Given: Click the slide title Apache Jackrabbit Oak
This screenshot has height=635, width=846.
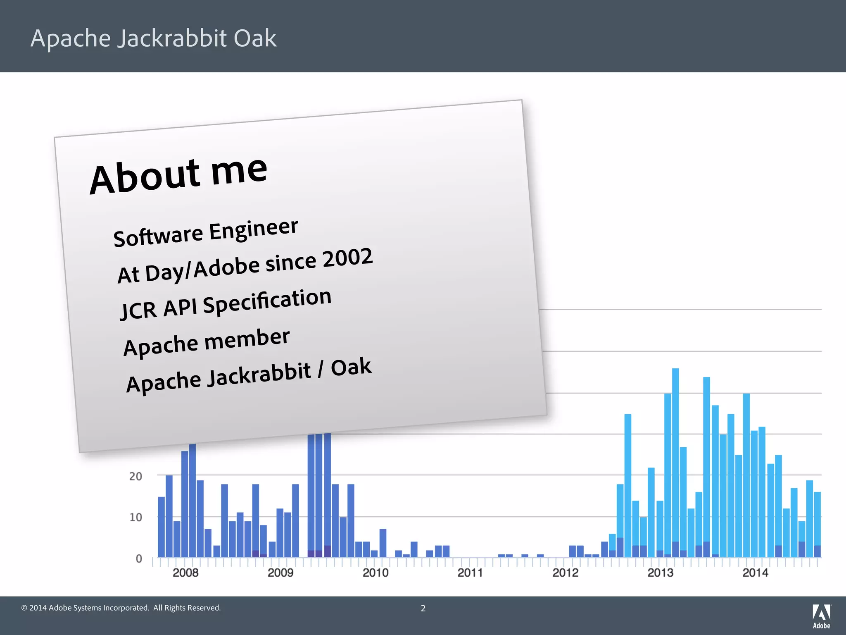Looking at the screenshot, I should click(153, 38).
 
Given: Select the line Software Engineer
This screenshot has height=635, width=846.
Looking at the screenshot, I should click(205, 233).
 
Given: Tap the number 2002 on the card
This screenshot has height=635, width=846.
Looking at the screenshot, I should click(347, 258).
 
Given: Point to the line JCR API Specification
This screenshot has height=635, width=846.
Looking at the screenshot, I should click(226, 304).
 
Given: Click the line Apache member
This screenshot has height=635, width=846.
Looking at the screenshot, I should click(206, 342).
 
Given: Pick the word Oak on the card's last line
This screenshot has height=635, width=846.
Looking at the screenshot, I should click(351, 367).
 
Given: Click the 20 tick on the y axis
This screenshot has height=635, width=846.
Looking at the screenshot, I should click(135, 476).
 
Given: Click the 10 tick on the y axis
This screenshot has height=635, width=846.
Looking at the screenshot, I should click(135, 517).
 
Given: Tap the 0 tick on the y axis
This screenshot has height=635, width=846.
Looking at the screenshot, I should click(139, 559).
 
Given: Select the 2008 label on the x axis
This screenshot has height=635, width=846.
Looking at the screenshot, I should click(185, 573).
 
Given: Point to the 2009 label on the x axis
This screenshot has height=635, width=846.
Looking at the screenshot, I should click(280, 573).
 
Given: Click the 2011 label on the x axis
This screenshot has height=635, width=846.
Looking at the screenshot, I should click(470, 573).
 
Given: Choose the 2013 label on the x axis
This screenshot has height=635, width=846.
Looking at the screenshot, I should click(660, 573).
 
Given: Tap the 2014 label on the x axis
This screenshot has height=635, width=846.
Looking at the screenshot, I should click(755, 573).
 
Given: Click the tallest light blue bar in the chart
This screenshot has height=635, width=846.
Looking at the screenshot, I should click(675, 455).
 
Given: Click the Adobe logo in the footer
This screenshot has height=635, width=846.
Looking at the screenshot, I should click(822, 616).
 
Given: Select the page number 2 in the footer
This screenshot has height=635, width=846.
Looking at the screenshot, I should click(423, 608).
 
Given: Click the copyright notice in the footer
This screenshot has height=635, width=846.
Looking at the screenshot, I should click(121, 608).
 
